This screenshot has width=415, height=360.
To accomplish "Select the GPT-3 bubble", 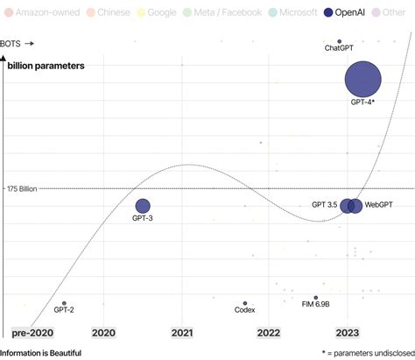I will (143, 206).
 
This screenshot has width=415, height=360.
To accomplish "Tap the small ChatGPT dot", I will (339, 41).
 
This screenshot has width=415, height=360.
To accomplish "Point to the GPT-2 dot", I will (64, 303).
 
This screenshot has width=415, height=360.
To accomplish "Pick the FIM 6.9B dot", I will (316, 298).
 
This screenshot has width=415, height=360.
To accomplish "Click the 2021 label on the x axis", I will (182, 333).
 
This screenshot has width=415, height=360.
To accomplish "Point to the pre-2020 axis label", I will (32, 333).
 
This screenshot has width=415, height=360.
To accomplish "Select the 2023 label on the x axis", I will (348, 333).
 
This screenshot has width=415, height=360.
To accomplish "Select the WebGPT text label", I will (377, 204).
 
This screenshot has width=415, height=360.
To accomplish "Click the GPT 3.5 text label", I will (324, 204).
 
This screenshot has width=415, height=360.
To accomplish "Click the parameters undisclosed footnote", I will (364, 353).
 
